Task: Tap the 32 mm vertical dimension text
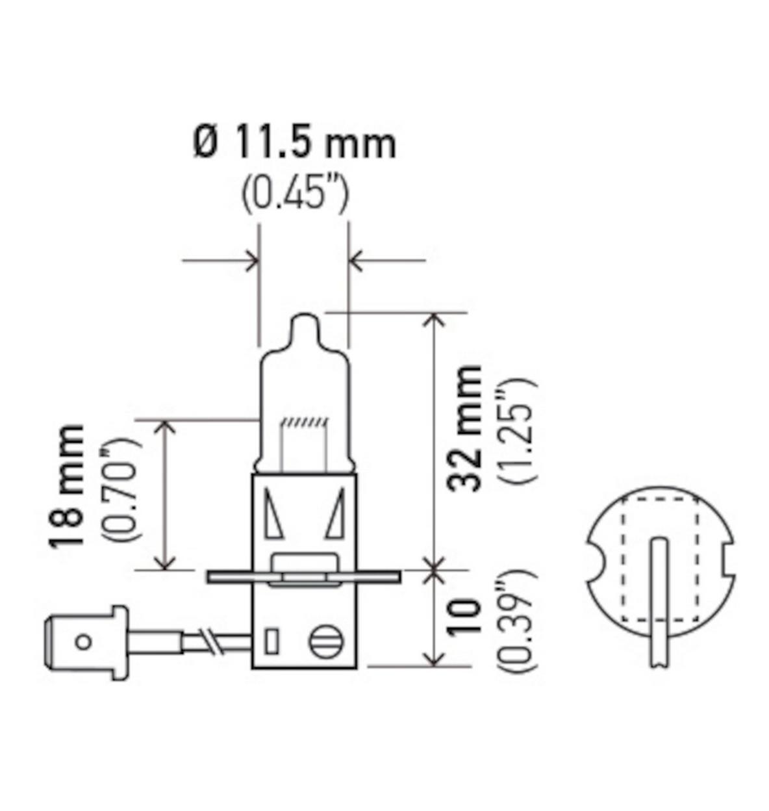(466, 428)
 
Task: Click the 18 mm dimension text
(68, 485)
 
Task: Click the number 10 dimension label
(466, 617)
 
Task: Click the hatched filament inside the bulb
(304, 423)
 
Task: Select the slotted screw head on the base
(325, 641)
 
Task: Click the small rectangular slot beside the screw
(272, 641)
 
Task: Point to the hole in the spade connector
(82, 642)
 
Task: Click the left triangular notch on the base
(273, 513)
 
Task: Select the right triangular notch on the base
(336, 513)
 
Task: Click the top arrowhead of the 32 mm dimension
(433, 318)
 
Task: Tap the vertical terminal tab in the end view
(659, 598)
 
